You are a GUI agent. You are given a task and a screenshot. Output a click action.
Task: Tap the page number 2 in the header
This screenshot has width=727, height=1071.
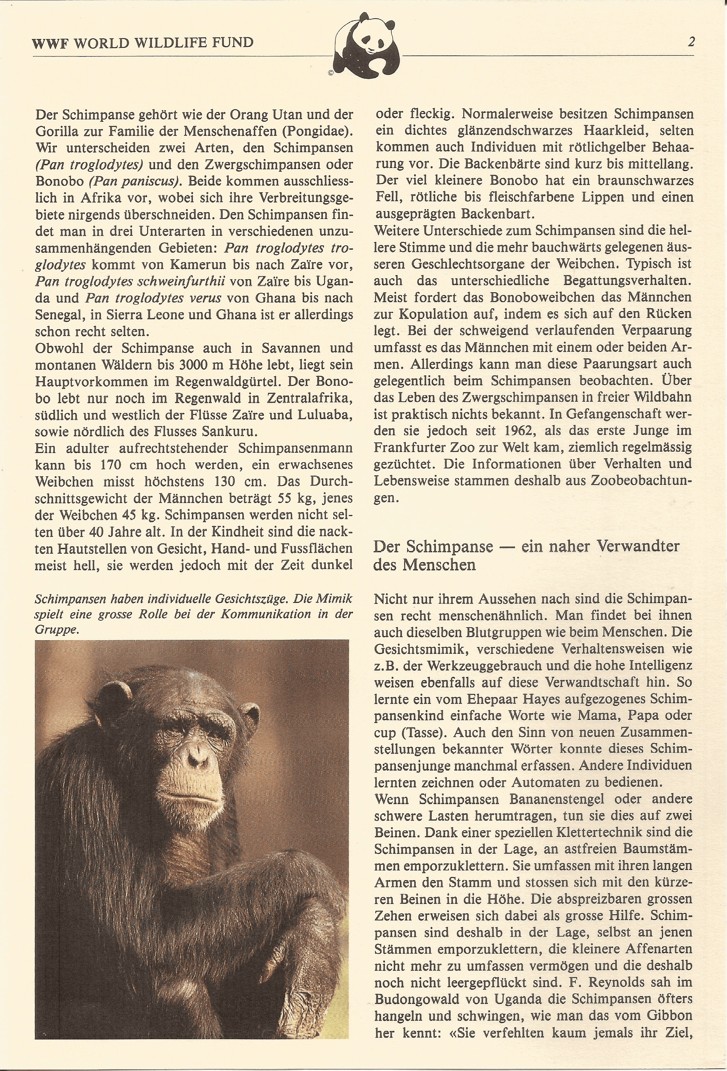tap(691, 42)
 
